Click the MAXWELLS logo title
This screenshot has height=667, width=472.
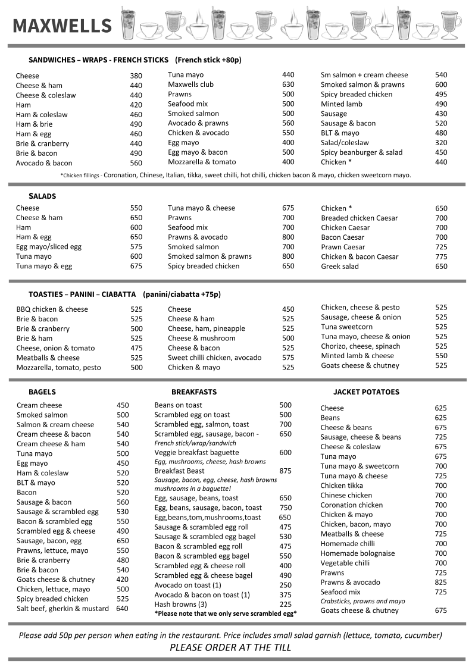point(62,26)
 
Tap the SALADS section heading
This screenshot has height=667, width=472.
point(42,196)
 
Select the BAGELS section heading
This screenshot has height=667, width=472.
point(42,392)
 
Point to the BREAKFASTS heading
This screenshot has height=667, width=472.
point(194,392)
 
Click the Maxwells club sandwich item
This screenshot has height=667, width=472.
point(190,84)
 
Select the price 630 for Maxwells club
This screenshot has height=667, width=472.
point(288,84)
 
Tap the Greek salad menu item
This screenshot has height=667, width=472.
point(340,267)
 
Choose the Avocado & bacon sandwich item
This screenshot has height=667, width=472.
point(44,163)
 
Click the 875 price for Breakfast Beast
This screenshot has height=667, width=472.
point(285,471)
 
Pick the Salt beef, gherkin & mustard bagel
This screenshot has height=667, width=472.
point(62,609)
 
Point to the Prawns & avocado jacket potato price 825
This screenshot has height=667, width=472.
point(440,583)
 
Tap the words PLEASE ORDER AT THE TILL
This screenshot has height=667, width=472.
point(230,647)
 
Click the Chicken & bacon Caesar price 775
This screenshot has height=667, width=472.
point(441,256)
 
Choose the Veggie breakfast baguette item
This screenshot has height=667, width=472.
point(196,452)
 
